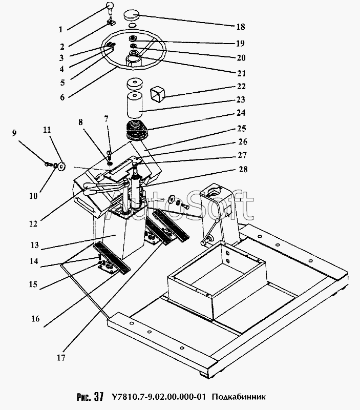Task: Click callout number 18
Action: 241,27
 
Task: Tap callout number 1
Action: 60,30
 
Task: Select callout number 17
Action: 61,357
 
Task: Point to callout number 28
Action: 243,169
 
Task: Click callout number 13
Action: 34,245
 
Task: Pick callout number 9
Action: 14,133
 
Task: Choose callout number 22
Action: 241,86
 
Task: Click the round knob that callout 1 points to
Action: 109,6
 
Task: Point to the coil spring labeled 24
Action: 137,131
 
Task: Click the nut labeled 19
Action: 133,39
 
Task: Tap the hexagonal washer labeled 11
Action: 61,166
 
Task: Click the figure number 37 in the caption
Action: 99,397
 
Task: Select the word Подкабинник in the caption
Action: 239,397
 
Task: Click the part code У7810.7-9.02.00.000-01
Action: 158,397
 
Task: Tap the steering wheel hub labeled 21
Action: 134,59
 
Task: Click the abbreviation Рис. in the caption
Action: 84,397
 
